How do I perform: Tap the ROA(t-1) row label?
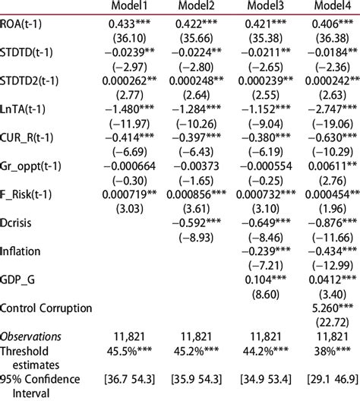click(x=30, y=24)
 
